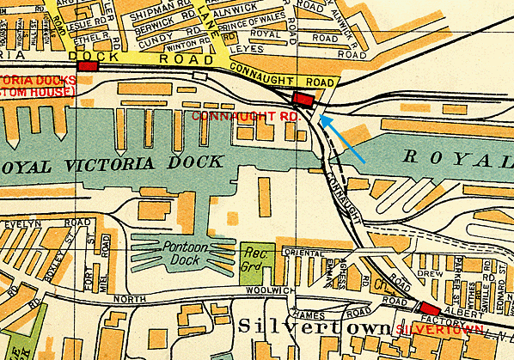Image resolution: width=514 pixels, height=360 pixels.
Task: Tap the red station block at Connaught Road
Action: (x=303, y=99)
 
